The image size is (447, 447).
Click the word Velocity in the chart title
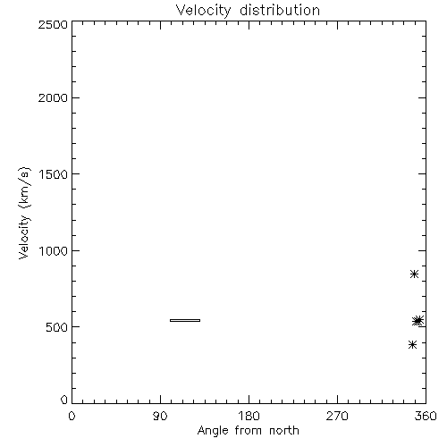203,11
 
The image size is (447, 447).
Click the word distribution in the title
280,10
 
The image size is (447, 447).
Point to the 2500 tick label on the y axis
53,24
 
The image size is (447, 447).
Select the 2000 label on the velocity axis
53,97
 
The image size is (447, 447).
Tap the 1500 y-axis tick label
54,174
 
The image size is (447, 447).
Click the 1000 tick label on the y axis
54,250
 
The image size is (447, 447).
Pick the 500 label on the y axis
57,327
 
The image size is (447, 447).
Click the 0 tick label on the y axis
64,400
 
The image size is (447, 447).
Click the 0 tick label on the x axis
72,416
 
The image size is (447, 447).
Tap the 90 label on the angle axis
160,416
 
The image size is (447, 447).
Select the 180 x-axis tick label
249,416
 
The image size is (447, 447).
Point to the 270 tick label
337,416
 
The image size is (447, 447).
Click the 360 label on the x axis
426,416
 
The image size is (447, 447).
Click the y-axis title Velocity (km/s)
24,213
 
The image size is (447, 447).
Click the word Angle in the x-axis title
213,432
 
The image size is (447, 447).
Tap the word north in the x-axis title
284,431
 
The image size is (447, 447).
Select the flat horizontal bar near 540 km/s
185,320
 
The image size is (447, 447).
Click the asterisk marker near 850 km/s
414,274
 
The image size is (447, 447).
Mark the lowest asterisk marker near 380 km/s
412,345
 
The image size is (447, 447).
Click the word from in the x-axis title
249,431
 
